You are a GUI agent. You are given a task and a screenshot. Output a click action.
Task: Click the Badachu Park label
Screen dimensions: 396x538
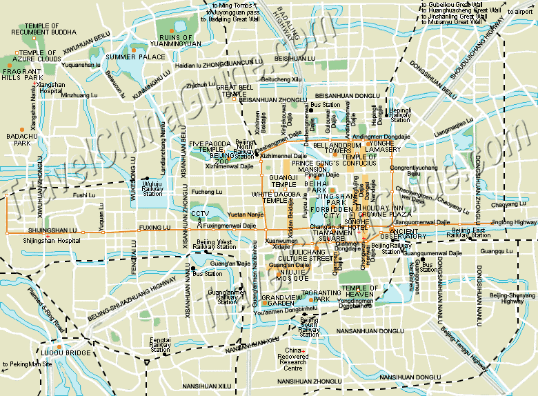tap(18, 140)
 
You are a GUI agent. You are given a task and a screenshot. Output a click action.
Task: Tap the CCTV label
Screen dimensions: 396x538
tap(199, 213)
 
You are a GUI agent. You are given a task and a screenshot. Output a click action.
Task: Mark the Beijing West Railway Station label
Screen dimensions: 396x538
tap(214, 244)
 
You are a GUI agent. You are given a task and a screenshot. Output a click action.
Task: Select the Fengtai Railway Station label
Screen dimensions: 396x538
tap(160, 344)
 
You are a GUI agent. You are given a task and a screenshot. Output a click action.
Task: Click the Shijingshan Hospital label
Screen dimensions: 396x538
tap(49, 240)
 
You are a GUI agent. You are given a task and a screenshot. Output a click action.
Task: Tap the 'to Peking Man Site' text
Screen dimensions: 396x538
tap(27, 364)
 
